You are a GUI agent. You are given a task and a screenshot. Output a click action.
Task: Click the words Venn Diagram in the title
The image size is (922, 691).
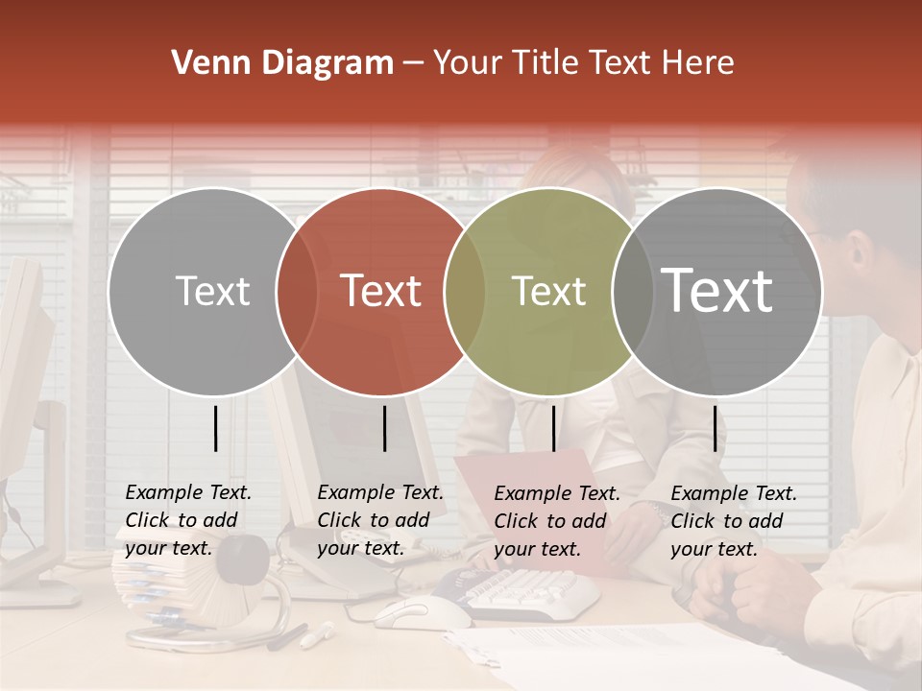[x=282, y=63]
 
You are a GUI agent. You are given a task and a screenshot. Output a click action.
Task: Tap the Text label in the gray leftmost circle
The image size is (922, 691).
[x=212, y=291]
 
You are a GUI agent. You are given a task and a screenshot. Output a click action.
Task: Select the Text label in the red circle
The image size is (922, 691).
[x=381, y=291]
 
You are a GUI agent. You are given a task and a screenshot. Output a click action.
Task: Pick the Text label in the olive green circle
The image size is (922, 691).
[x=548, y=291]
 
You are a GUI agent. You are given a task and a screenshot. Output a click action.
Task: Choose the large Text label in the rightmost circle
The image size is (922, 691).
[x=717, y=291]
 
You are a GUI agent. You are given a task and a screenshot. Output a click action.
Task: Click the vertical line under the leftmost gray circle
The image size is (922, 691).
[x=215, y=428]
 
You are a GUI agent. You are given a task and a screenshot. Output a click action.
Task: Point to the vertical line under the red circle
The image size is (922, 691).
[x=384, y=428]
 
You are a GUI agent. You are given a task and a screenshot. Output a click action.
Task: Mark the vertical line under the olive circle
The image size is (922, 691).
[x=553, y=428]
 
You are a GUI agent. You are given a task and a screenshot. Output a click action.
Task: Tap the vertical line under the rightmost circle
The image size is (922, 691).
[x=715, y=428]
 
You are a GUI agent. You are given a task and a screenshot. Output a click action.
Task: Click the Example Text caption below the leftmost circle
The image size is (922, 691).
[x=187, y=520]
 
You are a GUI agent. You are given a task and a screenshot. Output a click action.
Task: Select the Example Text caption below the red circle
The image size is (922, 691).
[x=379, y=520]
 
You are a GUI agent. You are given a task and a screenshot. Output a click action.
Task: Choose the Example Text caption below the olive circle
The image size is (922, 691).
[x=556, y=521]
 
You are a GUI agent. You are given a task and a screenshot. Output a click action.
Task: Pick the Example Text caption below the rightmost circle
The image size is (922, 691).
[x=733, y=521]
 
